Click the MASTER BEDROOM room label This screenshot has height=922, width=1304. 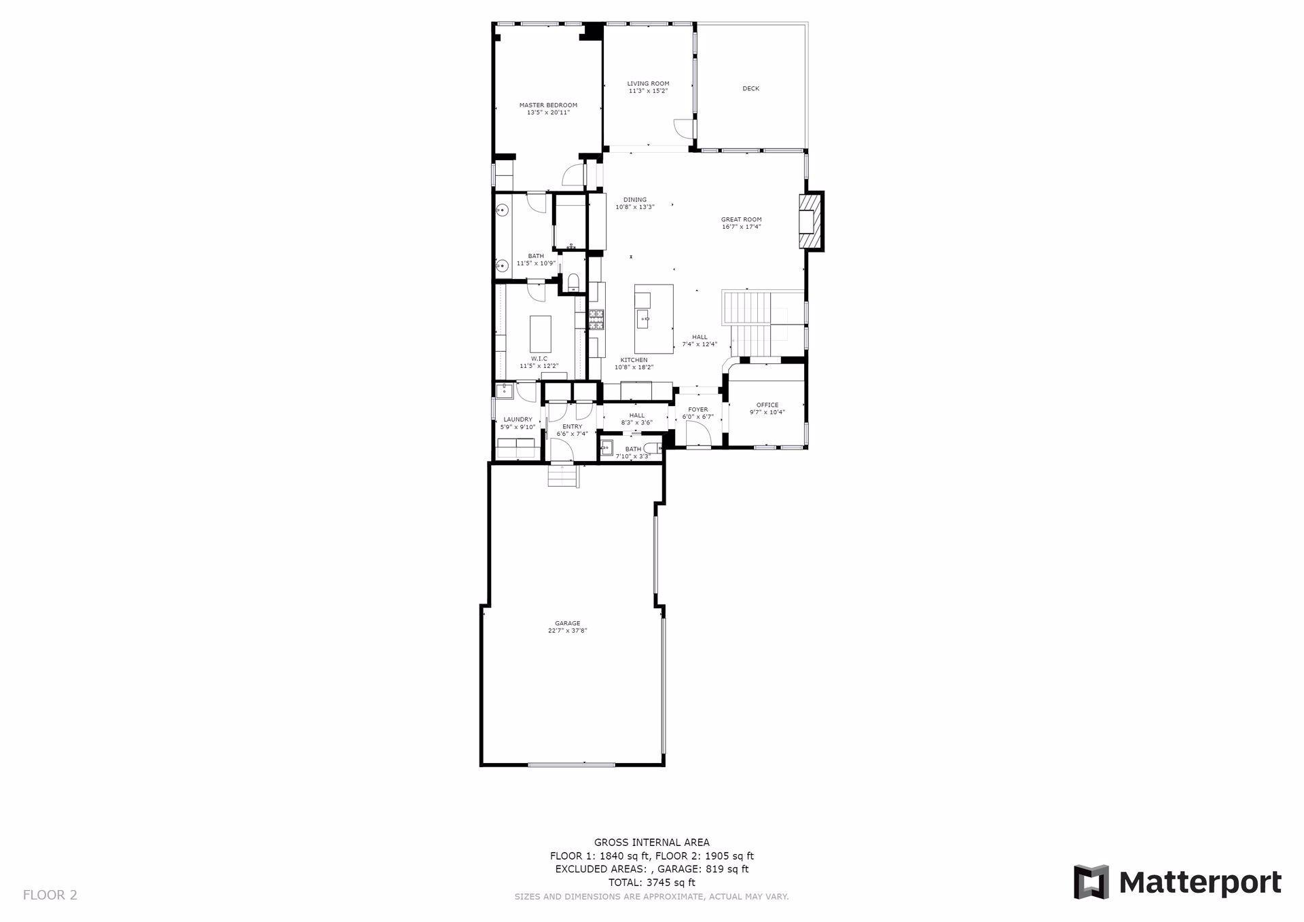click(x=548, y=105)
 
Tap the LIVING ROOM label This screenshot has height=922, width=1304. click(x=648, y=84)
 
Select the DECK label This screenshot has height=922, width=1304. click(x=750, y=88)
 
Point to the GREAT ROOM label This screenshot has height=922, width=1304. click(x=741, y=219)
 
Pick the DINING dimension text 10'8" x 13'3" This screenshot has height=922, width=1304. click(x=634, y=207)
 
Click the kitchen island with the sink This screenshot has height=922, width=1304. click(x=654, y=318)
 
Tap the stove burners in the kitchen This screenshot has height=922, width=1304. click(x=596, y=319)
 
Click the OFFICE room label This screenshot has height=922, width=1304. click(x=767, y=405)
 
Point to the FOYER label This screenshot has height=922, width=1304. click(x=698, y=409)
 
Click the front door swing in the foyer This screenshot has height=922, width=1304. click(x=698, y=434)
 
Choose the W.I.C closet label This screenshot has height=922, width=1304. click(x=539, y=358)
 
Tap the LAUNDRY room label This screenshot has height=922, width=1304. click(x=518, y=420)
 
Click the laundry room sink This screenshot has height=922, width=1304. click(x=505, y=390)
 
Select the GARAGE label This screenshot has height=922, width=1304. click(x=567, y=623)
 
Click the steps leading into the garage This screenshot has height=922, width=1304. click(x=563, y=475)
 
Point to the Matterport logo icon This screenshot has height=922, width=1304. click(x=1091, y=882)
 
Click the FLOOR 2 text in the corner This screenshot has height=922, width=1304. click(x=50, y=895)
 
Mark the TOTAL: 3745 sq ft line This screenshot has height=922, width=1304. click(x=651, y=883)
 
